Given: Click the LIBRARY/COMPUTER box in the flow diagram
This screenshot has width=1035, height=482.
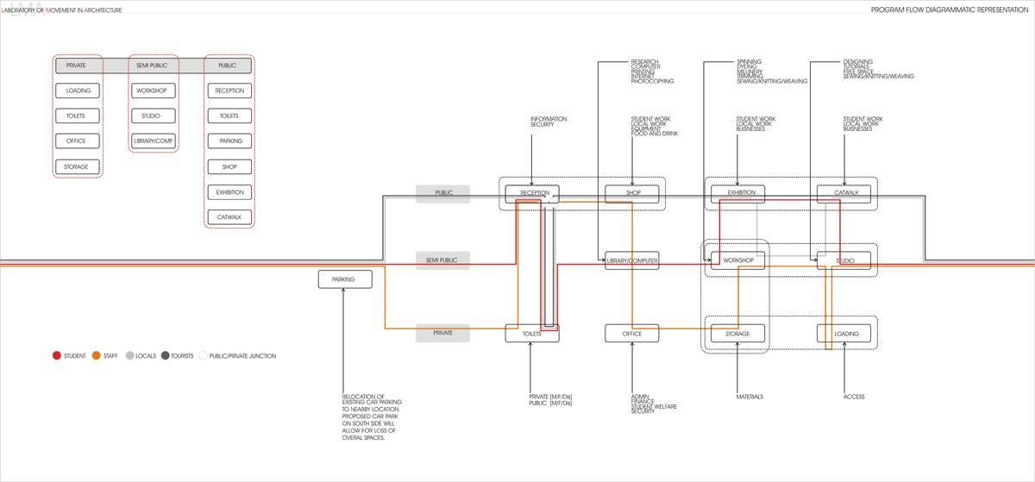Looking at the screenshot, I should click(x=632, y=260).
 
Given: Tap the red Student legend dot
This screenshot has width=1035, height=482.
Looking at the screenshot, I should click(x=57, y=355).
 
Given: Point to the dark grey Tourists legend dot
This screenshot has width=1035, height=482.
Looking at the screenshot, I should click(x=165, y=355).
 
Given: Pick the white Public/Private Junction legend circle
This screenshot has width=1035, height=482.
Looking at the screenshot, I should click(x=204, y=355).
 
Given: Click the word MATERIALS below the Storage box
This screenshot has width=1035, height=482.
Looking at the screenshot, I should click(x=749, y=397).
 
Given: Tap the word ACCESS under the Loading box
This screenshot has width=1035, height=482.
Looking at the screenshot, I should click(x=853, y=397).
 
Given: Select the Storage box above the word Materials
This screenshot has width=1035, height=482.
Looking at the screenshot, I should click(x=737, y=334).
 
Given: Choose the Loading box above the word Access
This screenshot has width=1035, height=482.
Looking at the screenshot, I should click(x=844, y=334).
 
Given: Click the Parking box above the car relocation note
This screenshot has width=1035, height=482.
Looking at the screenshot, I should click(x=345, y=279).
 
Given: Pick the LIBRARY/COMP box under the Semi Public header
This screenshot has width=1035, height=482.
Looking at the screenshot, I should click(x=154, y=141).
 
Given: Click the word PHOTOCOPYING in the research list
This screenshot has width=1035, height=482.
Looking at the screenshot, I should click(x=652, y=82).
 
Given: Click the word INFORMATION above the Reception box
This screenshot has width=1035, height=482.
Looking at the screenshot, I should click(x=549, y=119).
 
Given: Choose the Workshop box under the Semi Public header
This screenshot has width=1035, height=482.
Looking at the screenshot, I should click(x=154, y=91).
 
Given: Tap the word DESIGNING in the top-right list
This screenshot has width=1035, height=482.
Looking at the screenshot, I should click(x=857, y=62).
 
